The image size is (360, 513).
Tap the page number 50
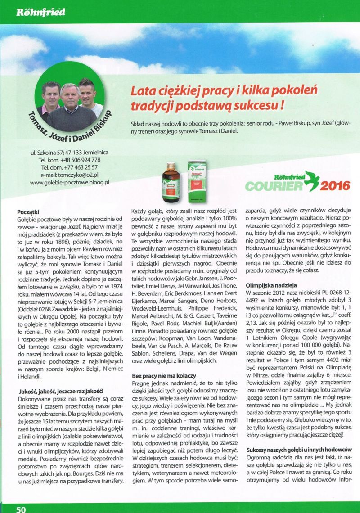pos(21,508)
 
